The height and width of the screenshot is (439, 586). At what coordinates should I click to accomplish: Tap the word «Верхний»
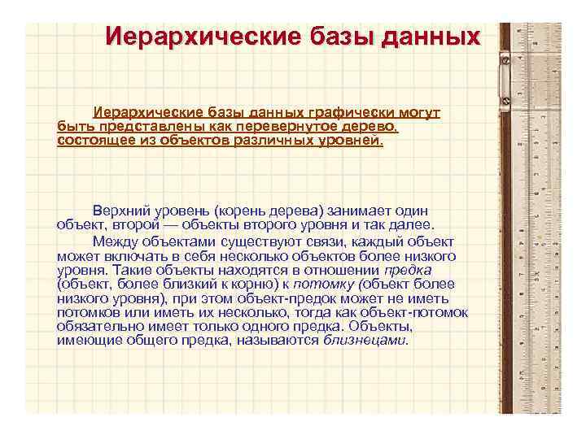coord(121,211)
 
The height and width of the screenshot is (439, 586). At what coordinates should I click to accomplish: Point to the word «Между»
coord(116,241)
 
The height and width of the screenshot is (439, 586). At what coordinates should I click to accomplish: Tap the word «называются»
coord(276,341)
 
